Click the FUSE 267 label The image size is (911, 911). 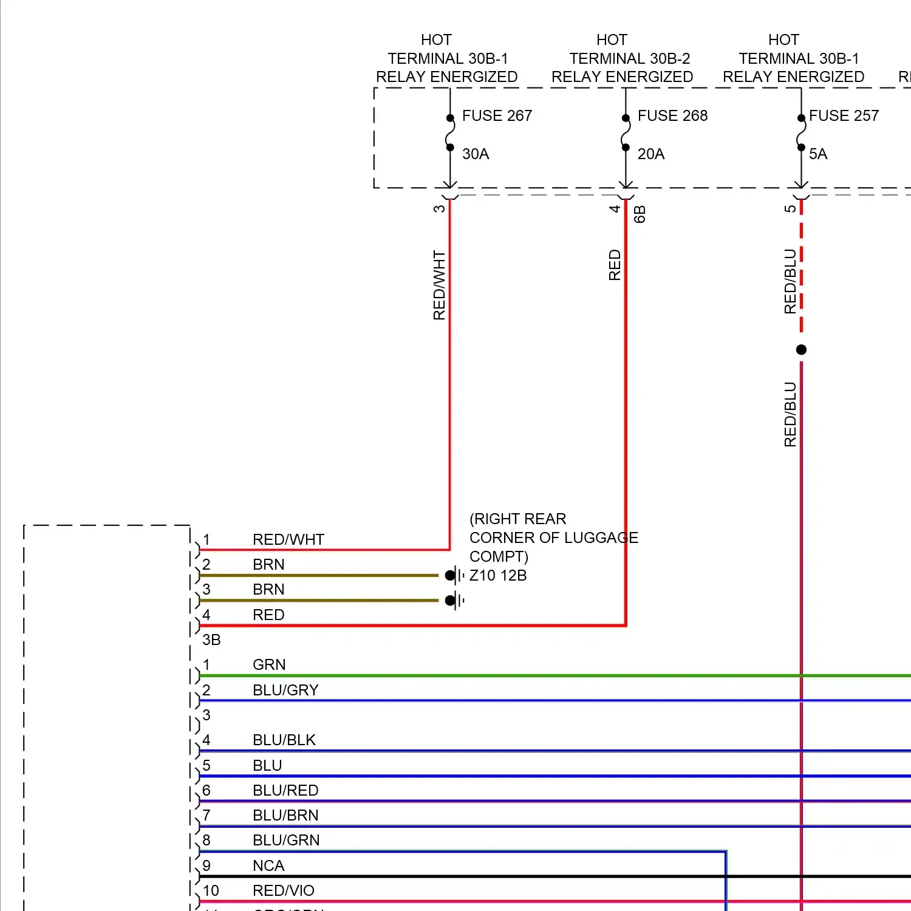pos(497,115)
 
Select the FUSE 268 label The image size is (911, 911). pos(672,115)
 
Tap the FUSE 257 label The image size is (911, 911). pos(844,115)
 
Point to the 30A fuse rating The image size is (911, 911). pos(476,154)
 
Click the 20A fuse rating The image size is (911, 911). pos(651,154)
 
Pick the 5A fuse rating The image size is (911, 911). pos(818,154)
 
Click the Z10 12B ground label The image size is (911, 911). pos(498,575)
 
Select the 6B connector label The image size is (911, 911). pos(640,214)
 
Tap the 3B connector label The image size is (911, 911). pos(211,640)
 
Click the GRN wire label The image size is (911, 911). pos(269,664)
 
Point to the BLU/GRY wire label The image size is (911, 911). pos(285,690)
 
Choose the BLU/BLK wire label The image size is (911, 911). pos(284,740)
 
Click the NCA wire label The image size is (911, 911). pos(268,865)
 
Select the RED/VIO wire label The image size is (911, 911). pos(284,890)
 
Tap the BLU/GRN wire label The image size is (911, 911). pos(286,840)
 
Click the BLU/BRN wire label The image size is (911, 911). pos(285,815)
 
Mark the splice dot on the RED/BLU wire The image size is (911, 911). pos(801,350)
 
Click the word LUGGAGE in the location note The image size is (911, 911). pos(601,537)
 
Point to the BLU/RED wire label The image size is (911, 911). pos(285,790)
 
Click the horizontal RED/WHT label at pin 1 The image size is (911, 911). pos(288,539)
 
